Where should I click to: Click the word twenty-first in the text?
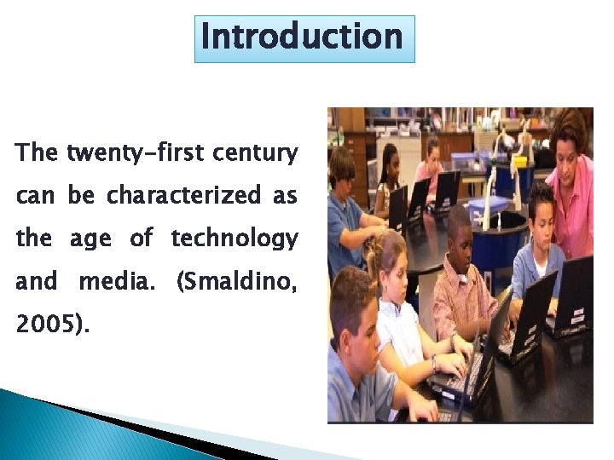134,153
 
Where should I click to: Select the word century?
256,153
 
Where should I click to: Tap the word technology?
235,239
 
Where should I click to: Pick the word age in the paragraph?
90,240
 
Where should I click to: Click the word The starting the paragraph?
37,153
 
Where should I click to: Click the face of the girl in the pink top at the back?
432,153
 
